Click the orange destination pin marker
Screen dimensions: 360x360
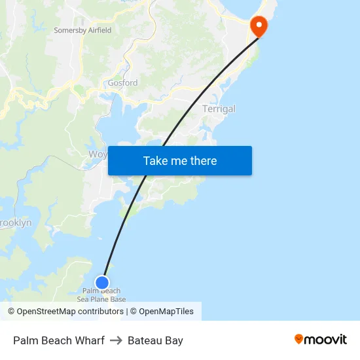[x=259, y=26]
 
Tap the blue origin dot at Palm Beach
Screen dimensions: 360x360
[x=102, y=283]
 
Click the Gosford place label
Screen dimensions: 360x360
[x=122, y=83]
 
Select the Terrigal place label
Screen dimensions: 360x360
[x=219, y=109]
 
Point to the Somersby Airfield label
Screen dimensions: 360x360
[x=82, y=30]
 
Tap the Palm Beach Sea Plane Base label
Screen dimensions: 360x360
[x=101, y=295]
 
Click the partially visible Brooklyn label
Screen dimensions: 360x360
[x=15, y=223]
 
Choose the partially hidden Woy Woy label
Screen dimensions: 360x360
[x=98, y=154]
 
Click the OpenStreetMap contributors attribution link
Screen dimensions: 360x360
[x=70, y=312]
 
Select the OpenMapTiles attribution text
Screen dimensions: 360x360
[x=166, y=312]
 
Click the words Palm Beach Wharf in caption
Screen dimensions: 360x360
[x=58, y=340]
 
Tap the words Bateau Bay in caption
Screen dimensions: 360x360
[x=155, y=340]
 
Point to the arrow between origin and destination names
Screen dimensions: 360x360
[x=116, y=340]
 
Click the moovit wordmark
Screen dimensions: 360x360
[x=325, y=340]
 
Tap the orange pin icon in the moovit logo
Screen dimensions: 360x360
[x=298, y=339]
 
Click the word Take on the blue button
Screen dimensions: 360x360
[x=156, y=161]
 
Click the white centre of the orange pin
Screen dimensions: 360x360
[x=259, y=26]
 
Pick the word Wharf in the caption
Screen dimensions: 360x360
[x=91, y=340]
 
